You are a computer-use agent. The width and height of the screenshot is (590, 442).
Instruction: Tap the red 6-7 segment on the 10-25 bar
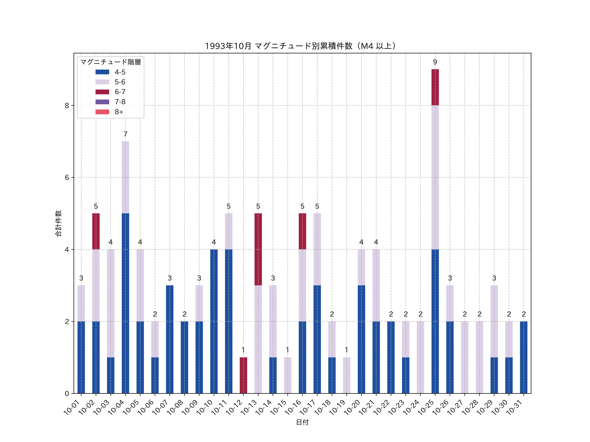(x=435, y=87)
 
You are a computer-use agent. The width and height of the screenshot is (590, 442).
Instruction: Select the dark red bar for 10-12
(x=243, y=375)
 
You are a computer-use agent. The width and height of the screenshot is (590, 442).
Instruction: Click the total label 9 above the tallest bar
(x=435, y=62)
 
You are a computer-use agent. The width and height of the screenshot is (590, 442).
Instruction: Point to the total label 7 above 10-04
(x=125, y=134)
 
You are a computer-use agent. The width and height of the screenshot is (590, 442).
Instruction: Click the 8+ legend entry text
(x=119, y=112)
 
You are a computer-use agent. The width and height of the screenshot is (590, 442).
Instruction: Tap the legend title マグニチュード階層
(x=110, y=62)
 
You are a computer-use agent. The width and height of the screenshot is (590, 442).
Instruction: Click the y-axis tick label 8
(x=67, y=105)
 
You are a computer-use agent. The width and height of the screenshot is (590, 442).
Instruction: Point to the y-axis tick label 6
(x=67, y=177)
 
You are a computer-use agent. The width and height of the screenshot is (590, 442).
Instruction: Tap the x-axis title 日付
(x=302, y=422)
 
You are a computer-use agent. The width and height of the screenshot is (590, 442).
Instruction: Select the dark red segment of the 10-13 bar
(x=258, y=249)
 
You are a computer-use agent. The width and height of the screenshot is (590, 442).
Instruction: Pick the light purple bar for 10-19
(x=346, y=375)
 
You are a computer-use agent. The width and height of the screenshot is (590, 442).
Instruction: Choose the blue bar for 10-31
(x=524, y=357)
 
